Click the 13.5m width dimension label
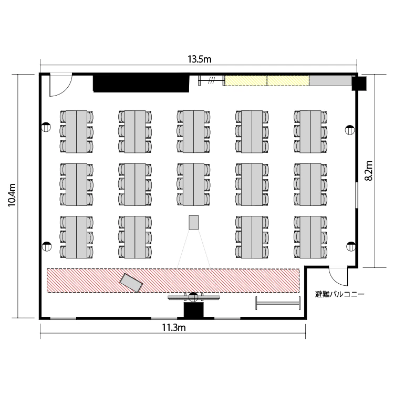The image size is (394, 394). coord(200,59)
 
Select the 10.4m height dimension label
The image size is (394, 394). coord(12,195)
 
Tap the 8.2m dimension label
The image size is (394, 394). coord(369,170)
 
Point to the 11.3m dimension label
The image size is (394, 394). coord(174,328)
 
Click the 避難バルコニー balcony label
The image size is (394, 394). coord(340,294)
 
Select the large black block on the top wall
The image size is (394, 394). coord(141,82)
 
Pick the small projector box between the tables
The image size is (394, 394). coord(194,222)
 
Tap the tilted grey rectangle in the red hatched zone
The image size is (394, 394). coord(131,283)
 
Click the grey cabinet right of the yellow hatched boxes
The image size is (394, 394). coord(330,80)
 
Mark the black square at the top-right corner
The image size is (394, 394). coord(359,84)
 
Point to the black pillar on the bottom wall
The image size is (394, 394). coord(193,310)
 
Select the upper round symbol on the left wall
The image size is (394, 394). coord(46,127)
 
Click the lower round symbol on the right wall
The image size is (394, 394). coord(351,246)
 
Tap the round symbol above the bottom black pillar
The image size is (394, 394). coord(193,297)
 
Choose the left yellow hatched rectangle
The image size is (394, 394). coord(246,81)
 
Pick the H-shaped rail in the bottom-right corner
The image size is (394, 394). coord(278,303)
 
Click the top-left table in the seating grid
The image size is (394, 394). coord(77,131)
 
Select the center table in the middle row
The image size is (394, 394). coord(193,184)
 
